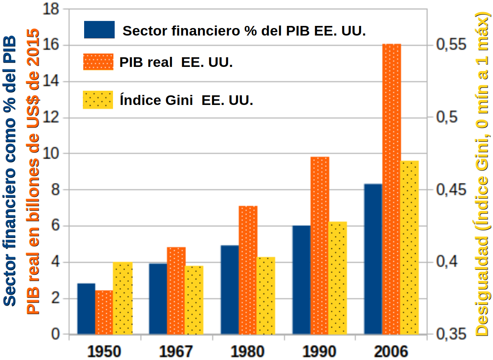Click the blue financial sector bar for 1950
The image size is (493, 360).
86,309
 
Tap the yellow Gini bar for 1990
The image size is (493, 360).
338,278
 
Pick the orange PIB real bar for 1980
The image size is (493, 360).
248,270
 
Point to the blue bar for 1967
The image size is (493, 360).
158,299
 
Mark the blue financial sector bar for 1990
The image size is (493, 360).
301,280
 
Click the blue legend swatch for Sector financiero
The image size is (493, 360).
99,30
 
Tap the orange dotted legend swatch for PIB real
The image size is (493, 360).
98,62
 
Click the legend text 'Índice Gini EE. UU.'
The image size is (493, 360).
186,100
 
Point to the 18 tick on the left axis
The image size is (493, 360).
51,9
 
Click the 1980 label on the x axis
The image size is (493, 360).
247,352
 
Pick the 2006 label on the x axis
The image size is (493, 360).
391,352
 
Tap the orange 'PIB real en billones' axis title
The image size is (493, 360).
34,171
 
